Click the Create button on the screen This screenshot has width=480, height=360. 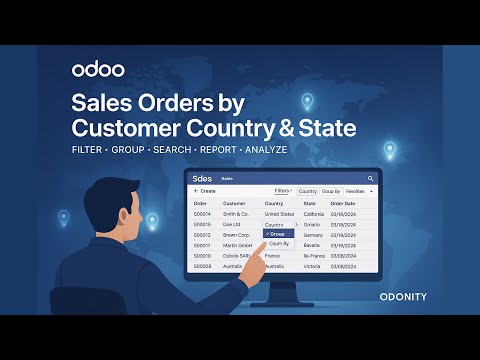(x=204, y=190)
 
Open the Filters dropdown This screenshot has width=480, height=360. (x=283, y=190)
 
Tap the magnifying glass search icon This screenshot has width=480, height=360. (x=370, y=178)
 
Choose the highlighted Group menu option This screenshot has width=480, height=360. (x=278, y=234)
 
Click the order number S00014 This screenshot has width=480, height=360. (x=202, y=214)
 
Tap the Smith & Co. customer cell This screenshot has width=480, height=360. (x=237, y=214)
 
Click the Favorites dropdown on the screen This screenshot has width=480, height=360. (x=358, y=190)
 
